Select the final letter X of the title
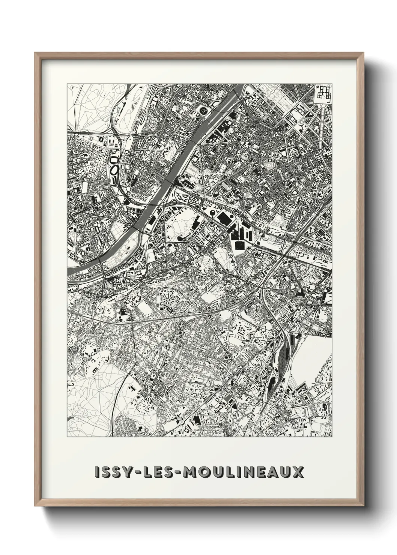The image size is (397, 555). point(296,472)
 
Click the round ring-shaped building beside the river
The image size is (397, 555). point(204,111)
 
